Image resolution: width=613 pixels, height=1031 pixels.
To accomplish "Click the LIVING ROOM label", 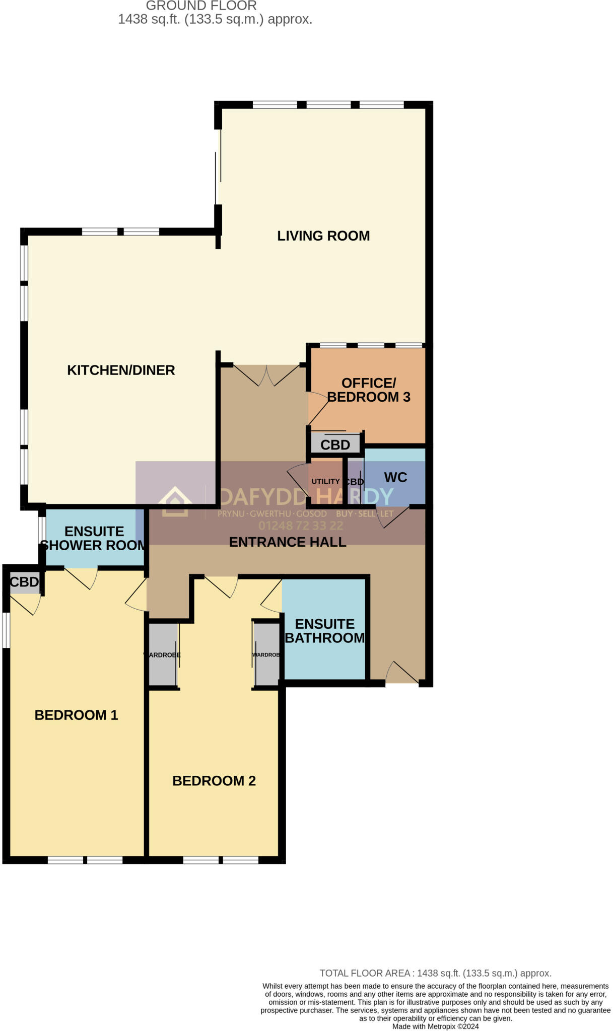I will tap(323, 236).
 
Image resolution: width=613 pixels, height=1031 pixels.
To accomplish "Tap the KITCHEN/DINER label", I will tap(121, 370).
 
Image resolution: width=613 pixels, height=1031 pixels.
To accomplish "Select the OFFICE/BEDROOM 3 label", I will tap(369, 390).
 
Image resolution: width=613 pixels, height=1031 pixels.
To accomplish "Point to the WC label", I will tap(395, 477).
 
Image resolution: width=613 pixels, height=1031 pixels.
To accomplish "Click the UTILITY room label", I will tap(325, 481).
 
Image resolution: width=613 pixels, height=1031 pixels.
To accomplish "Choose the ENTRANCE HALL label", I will tap(287, 542).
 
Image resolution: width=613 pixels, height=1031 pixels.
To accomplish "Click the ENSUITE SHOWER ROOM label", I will tap(94, 538).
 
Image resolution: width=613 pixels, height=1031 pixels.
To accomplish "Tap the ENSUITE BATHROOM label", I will tap(325, 631).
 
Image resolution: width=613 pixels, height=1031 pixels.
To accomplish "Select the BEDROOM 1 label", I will tap(76, 715).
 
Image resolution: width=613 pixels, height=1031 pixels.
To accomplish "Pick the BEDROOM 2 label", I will tap(214, 781).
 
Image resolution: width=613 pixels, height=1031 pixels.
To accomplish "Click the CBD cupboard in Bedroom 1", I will tap(24, 582).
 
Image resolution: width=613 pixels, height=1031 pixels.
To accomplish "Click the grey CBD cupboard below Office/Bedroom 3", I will tap(335, 445).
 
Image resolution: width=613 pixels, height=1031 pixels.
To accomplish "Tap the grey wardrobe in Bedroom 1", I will tap(162, 654).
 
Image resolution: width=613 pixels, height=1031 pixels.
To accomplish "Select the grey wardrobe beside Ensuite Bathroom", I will tap(266, 654).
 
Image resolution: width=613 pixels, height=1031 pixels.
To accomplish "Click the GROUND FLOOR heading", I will tap(201, 6).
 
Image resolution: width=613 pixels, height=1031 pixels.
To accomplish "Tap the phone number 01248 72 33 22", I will tap(301, 526).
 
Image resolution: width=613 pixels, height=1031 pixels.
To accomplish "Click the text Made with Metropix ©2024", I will tap(435, 1026).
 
